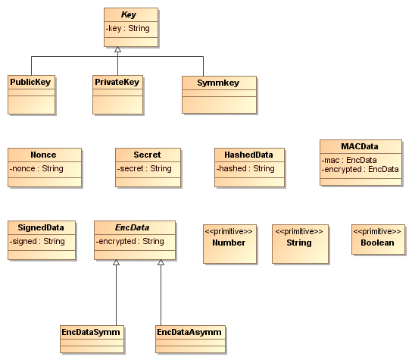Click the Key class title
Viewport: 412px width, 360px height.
pos(129,14)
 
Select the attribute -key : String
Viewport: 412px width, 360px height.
pos(128,28)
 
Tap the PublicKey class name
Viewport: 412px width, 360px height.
pos(30,82)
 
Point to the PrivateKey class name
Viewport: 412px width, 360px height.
pos(117,82)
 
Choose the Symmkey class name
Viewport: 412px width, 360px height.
pos(218,83)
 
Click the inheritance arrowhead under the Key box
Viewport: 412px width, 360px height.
pos(117,49)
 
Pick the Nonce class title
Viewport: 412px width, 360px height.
pos(43,155)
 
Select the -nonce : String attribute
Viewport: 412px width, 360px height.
pos(36,168)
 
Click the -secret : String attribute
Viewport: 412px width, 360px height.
pos(144,168)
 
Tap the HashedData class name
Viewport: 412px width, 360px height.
pos(248,155)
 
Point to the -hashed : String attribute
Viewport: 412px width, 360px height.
pos(245,168)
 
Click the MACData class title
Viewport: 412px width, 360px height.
pos(360,146)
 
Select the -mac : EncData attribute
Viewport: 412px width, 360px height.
pos(349,160)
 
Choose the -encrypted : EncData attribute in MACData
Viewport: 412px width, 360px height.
pos(360,169)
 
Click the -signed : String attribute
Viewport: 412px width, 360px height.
pos(37,241)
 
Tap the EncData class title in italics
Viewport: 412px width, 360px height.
pos(133,227)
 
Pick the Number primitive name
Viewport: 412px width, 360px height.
pos(229,243)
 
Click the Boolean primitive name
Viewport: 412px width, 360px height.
pos(377,243)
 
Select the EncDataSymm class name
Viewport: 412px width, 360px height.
pos(91,332)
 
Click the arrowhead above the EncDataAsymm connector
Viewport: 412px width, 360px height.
pos(161,262)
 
